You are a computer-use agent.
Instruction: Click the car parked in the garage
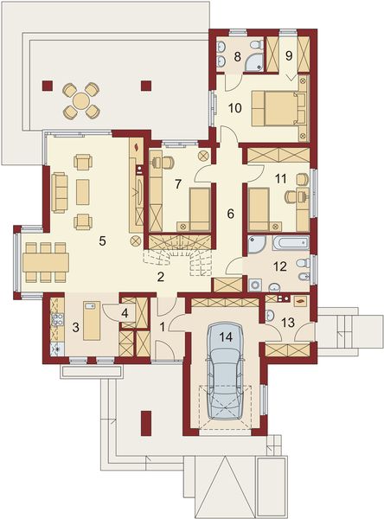(x=225, y=372)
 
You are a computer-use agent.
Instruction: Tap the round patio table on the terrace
(x=81, y=100)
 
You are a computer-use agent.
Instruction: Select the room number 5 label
(x=103, y=241)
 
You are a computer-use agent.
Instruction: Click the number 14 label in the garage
(x=225, y=337)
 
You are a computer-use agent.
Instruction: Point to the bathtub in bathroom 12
(x=291, y=243)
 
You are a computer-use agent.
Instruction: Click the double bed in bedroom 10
(x=275, y=108)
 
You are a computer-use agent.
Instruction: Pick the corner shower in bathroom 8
(x=254, y=62)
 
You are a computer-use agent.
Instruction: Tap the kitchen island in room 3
(x=92, y=320)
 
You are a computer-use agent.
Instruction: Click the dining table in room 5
(x=46, y=263)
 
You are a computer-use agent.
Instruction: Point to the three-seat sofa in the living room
(x=60, y=192)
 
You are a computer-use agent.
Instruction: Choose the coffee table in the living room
(x=83, y=192)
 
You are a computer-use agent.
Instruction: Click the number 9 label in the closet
(x=289, y=56)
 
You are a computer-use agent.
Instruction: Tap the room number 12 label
(x=280, y=266)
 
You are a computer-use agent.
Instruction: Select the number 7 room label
(x=178, y=184)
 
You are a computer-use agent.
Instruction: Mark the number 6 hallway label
(x=230, y=214)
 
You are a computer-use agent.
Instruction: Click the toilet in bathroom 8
(x=257, y=44)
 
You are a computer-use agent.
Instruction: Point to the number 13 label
(x=288, y=322)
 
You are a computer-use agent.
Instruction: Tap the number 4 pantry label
(x=125, y=313)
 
